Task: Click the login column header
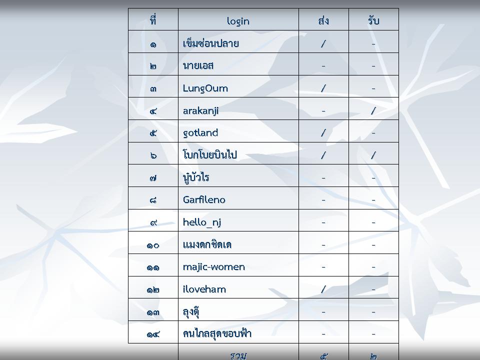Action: (x=238, y=21)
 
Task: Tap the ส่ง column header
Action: (x=323, y=20)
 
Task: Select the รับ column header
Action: (x=373, y=20)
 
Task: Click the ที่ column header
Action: (x=153, y=20)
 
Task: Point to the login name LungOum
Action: (x=205, y=88)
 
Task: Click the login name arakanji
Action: (x=201, y=111)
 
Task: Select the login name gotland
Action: (x=200, y=133)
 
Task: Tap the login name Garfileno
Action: (x=204, y=199)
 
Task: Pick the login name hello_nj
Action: (x=202, y=222)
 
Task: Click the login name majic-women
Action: (x=213, y=267)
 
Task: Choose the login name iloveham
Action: (x=204, y=289)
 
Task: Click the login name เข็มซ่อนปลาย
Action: (x=211, y=43)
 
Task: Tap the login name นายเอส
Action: (x=198, y=66)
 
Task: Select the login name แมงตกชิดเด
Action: (x=207, y=244)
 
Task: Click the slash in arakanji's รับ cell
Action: (x=373, y=110)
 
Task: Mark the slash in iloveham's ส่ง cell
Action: (x=323, y=289)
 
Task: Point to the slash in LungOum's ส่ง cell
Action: (x=323, y=88)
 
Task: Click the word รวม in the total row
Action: (x=238, y=355)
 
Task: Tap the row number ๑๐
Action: (x=153, y=245)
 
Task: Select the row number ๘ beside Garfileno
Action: (x=153, y=200)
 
